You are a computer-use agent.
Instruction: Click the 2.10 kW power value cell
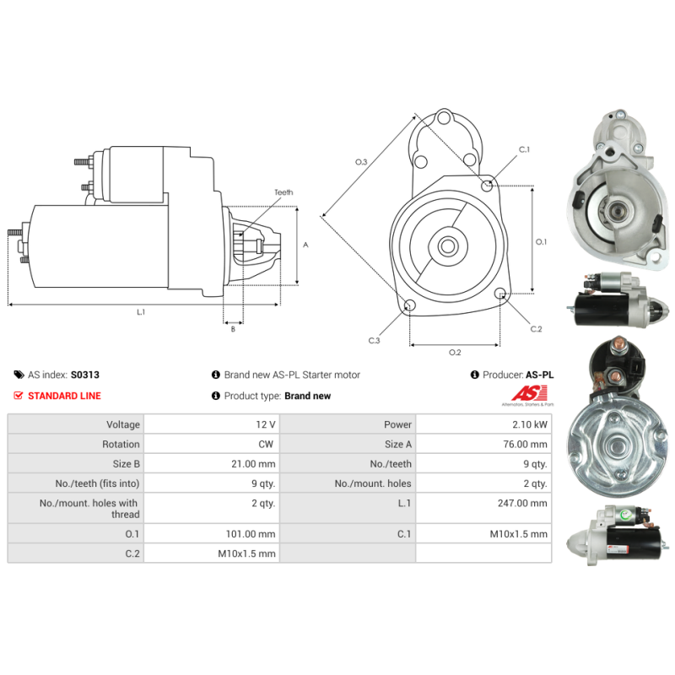coord(530,424)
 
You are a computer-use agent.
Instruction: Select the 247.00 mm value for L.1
coord(522,503)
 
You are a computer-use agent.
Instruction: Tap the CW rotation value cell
coord(266,445)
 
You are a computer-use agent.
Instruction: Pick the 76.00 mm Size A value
coord(525,445)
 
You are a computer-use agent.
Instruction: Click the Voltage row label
coord(123,425)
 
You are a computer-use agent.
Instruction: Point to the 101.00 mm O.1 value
coord(251,534)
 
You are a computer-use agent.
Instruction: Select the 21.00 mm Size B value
coord(253,464)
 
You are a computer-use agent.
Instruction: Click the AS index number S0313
coord(85,375)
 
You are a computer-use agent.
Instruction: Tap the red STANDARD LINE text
coord(64,396)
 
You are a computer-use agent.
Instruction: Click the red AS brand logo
coord(530,393)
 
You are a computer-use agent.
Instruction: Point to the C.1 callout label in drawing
coord(524,150)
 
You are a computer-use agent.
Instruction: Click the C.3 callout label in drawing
coord(374,341)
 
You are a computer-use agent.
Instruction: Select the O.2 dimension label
coord(455,353)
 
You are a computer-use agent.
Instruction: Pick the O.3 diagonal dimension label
coord(361,162)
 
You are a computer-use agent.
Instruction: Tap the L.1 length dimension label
coord(141,312)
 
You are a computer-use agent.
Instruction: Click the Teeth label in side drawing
coord(283,192)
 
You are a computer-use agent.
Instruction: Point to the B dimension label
coord(233,329)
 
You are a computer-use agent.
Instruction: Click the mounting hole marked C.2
coord(499,294)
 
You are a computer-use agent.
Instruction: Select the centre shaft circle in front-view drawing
coord(448,246)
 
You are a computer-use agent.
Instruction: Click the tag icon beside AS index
coord(19,375)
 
